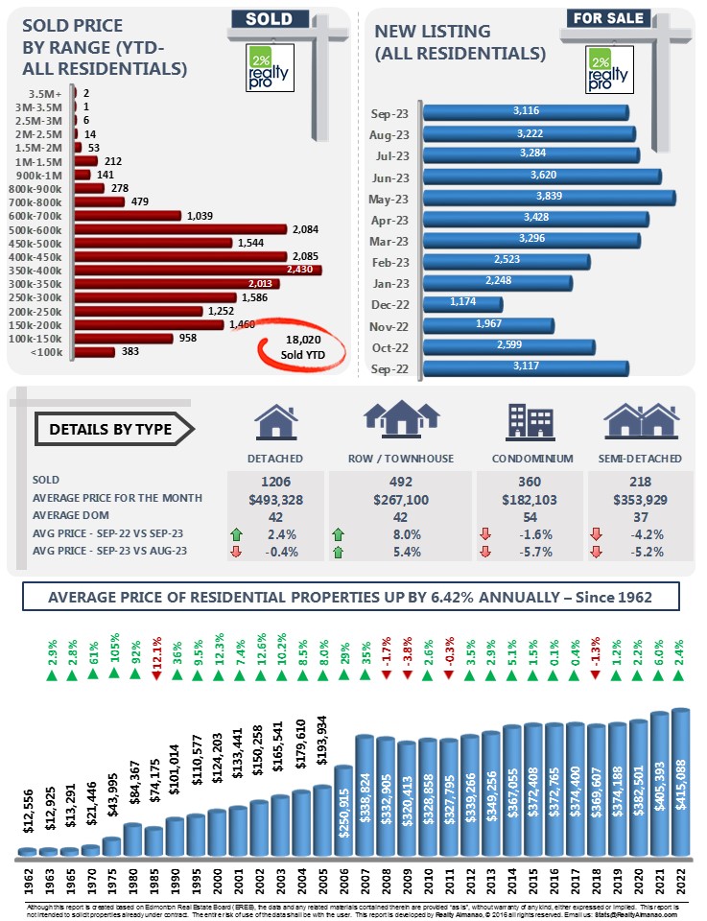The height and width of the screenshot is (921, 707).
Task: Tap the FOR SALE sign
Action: pyautogui.click(x=607, y=17)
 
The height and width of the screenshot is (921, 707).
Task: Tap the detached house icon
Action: pyautogui.click(x=275, y=421)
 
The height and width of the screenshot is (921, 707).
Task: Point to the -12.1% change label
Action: pyautogui.click(x=156, y=654)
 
